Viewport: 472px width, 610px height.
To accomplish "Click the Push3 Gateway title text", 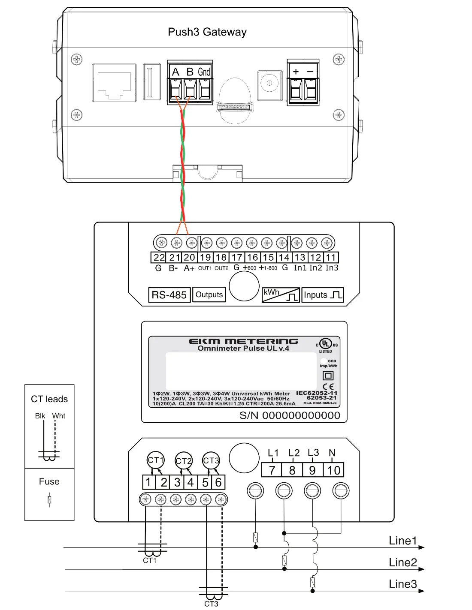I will pos(207,32).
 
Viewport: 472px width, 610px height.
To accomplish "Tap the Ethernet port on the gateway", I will pos(114,83).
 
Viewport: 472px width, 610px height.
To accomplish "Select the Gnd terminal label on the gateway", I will pos(204,72).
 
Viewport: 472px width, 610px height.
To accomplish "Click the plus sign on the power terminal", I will pos(296,72).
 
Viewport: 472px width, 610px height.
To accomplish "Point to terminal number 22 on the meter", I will pos(159,258).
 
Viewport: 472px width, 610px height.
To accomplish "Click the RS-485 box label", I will pos(169,295).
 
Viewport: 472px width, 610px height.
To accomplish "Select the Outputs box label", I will pos(209,294).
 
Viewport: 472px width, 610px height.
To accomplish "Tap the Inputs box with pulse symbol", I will pos(322,295).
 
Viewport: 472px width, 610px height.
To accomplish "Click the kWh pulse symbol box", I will pos(280,295).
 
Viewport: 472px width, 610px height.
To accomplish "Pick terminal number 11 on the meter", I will pos(330,258).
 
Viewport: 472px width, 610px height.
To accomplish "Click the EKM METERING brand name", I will pos(243,341).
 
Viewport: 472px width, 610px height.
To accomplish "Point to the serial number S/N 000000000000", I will pos(290,415).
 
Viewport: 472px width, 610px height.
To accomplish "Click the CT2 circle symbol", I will pos(184,461).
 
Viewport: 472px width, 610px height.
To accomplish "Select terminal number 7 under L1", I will pos(272,470).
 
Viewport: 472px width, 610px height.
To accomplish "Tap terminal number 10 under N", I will pos(333,470).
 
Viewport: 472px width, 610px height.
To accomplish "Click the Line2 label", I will pos(402,562).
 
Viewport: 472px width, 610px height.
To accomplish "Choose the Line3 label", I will pos(402,584).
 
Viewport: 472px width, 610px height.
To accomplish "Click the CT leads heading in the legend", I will pos(49,399).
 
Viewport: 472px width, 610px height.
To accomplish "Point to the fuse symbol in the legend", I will pos(49,499).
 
